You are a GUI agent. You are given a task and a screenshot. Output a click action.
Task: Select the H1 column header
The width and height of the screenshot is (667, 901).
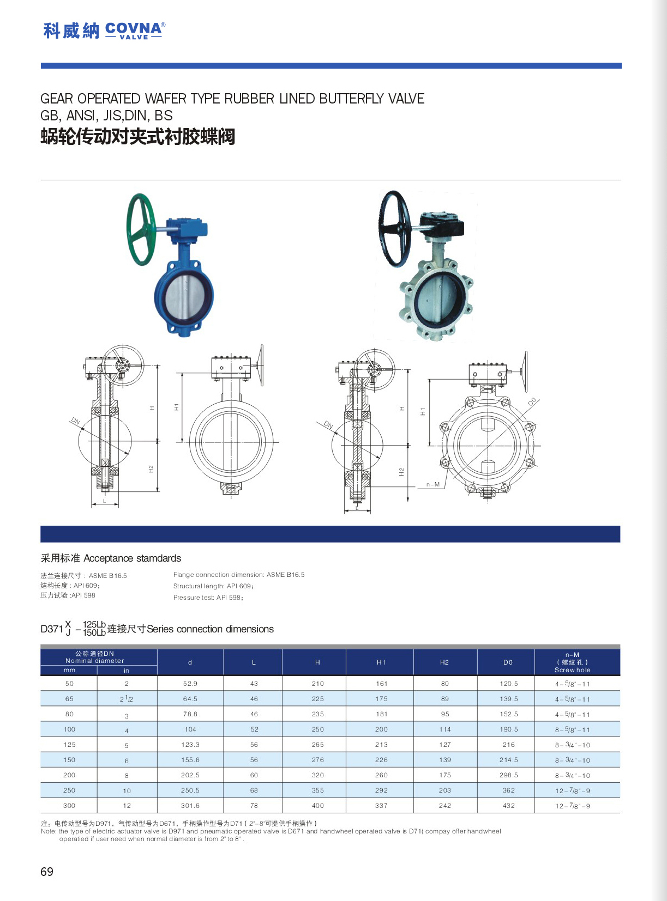click(381, 662)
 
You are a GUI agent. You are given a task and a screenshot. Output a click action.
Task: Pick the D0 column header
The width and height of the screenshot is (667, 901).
click(508, 662)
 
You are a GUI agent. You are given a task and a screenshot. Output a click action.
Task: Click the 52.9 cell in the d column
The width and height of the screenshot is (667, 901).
click(190, 684)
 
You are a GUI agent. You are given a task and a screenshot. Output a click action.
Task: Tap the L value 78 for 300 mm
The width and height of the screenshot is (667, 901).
click(254, 806)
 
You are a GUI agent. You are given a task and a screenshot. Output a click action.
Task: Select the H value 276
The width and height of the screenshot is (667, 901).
click(318, 760)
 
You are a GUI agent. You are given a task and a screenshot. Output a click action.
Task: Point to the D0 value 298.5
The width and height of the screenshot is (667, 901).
click(509, 775)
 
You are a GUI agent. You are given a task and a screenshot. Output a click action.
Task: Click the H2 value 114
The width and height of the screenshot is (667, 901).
click(445, 729)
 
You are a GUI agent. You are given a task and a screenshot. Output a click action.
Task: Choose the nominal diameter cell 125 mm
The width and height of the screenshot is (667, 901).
click(70, 745)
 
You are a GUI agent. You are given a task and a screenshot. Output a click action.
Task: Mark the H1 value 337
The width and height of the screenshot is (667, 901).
click(382, 806)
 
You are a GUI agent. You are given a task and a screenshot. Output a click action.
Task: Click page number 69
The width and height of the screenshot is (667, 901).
click(47, 872)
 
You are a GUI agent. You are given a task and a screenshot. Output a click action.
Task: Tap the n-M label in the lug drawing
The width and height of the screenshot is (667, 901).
click(433, 484)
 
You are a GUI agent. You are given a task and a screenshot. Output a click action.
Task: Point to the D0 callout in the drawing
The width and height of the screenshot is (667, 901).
click(532, 402)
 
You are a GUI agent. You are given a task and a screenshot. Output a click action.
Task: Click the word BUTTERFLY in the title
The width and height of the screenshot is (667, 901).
click(352, 99)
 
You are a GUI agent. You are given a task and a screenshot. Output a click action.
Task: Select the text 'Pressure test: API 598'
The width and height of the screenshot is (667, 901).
click(208, 598)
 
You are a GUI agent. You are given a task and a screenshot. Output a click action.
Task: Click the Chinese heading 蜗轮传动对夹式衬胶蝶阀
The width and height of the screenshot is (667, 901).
click(138, 136)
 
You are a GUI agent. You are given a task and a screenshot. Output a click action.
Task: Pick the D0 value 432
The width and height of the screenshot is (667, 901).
click(509, 806)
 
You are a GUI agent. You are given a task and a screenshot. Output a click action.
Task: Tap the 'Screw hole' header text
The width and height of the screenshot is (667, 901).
click(572, 670)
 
